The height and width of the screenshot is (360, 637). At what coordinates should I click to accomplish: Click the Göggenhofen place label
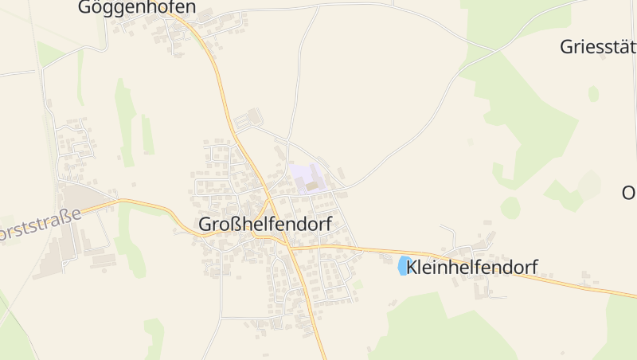pyautogui.click(x=136, y=8)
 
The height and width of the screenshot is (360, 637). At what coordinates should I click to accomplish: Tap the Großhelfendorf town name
pyautogui.click(x=264, y=225)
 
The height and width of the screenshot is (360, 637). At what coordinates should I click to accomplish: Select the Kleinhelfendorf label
pyautogui.click(x=471, y=268)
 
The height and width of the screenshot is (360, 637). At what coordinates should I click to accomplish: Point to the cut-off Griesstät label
pyautogui.click(x=597, y=46)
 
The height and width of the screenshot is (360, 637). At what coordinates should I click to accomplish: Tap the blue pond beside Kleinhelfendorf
pyautogui.click(x=404, y=266)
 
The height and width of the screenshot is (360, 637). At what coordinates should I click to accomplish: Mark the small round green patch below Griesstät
pyautogui.click(x=593, y=93)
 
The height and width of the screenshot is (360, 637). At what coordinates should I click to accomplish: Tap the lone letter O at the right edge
pyautogui.click(x=628, y=193)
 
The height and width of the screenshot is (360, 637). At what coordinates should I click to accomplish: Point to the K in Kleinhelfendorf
pyautogui.click(x=412, y=268)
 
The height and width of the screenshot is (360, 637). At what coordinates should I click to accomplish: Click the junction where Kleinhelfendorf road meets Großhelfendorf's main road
pyautogui.click(x=292, y=248)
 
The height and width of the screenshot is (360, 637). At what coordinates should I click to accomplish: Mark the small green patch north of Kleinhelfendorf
pyautogui.click(x=510, y=209)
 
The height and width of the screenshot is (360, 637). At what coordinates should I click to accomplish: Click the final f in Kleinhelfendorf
pyautogui.click(x=534, y=268)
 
